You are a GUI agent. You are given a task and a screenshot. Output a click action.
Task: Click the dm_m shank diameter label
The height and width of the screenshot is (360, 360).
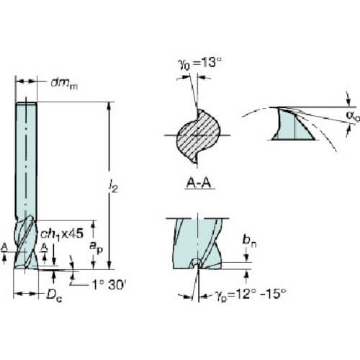[x=64, y=84]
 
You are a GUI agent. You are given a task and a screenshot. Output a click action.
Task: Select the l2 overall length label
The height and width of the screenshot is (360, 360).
[x=113, y=186]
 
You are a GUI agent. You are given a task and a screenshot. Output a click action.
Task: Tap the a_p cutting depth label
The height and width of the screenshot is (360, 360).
[x=96, y=247]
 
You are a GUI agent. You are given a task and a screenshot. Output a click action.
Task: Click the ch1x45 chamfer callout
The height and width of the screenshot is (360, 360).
[x=62, y=234]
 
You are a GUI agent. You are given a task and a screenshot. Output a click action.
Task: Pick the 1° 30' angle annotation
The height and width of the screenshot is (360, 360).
[x=109, y=285]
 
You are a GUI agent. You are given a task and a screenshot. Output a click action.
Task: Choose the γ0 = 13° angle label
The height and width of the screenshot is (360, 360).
[x=199, y=63]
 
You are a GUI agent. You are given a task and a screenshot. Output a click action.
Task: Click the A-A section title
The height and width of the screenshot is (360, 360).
[x=199, y=184]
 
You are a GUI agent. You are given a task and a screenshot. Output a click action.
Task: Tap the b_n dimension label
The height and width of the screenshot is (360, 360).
[x=249, y=240]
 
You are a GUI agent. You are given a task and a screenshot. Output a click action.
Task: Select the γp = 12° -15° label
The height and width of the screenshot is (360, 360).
[x=251, y=294]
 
